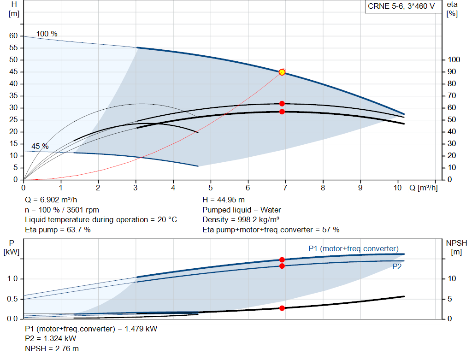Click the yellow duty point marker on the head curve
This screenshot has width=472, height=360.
pyautogui.click(x=282, y=72)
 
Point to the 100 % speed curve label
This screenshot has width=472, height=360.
pyautogui.click(x=47, y=34)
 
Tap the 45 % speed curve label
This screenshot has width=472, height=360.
pyautogui.click(x=40, y=146)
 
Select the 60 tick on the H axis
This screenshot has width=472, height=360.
pyautogui.click(x=13, y=36)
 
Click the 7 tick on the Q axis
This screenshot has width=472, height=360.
pyautogui.click(x=285, y=188)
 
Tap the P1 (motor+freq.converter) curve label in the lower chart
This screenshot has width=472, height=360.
pyautogui.click(x=353, y=249)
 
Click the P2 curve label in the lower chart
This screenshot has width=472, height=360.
pyautogui.click(x=397, y=266)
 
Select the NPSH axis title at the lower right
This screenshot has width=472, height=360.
pyautogui.click(x=456, y=247)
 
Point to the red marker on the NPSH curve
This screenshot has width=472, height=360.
pyautogui.click(x=282, y=308)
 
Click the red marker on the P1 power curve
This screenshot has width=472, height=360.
pyautogui.click(x=282, y=260)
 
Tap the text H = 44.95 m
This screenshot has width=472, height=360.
pyautogui.click(x=223, y=200)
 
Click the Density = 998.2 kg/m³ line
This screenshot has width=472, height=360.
pyautogui.click(x=241, y=219)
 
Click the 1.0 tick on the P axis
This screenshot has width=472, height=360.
pyautogui.click(x=12, y=279)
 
